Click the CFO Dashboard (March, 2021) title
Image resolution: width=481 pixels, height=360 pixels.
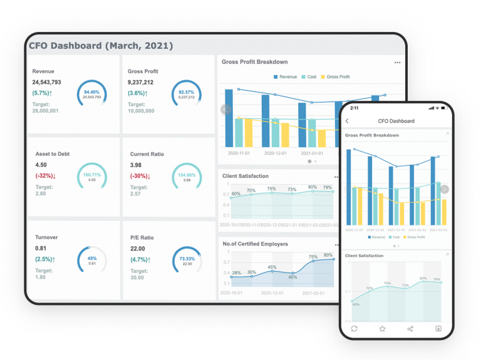point(101,46)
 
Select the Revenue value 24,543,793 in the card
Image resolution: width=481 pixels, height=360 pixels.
point(47,82)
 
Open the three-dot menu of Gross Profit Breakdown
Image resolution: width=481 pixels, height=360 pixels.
point(397,63)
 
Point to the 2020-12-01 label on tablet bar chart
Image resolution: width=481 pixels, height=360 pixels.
point(275,153)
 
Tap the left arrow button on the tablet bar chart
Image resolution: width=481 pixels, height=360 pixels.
point(226,110)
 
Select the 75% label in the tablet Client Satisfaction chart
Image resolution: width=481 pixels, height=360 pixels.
point(271,188)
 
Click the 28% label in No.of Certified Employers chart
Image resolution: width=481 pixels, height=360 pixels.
point(237,273)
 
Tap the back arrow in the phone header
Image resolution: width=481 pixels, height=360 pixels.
point(348,121)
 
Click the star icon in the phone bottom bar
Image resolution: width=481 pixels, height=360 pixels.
point(382,328)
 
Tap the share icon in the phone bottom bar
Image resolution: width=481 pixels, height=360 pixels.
point(410,328)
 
